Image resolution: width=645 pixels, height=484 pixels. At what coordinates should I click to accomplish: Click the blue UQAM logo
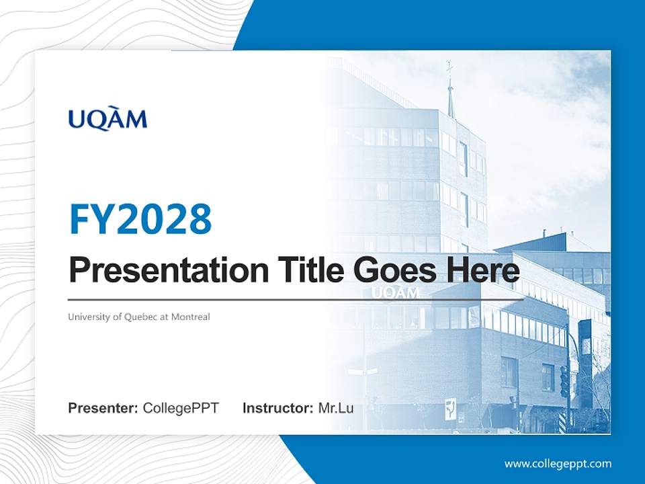pyautogui.click(x=107, y=120)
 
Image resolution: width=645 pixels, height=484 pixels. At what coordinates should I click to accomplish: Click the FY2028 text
pyautogui.click(x=140, y=218)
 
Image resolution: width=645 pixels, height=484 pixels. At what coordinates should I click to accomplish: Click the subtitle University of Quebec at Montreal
pyautogui.click(x=139, y=317)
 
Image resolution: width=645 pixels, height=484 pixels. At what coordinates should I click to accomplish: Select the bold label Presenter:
pyautogui.click(x=103, y=408)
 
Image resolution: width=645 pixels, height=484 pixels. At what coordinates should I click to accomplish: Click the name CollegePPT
pyautogui.click(x=181, y=408)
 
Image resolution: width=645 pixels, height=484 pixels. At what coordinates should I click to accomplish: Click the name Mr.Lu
pyautogui.click(x=336, y=408)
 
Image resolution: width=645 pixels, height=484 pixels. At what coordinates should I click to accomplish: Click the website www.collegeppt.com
pyautogui.click(x=558, y=464)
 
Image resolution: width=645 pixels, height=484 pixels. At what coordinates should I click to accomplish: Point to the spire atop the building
pyautogui.click(x=451, y=101)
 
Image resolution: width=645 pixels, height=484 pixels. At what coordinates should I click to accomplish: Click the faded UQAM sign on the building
pyautogui.click(x=394, y=293)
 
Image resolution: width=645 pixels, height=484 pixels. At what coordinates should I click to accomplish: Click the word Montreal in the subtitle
pyautogui.click(x=190, y=317)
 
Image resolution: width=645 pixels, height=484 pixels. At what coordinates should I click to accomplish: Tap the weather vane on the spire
pyautogui.click(x=449, y=67)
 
